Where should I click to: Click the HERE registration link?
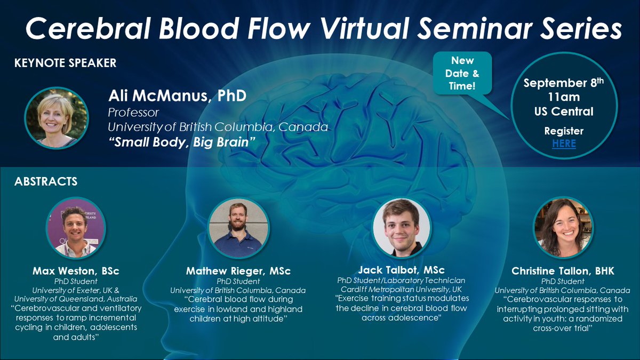click(564, 143)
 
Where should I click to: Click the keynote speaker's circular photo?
click(56, 118)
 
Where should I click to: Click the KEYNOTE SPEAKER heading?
click(65, 63)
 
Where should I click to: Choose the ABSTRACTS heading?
click(46, 181)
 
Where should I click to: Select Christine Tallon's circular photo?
click(563, 228)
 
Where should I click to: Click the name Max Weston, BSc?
click(76, 271)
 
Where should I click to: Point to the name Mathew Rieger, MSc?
click(238, 271)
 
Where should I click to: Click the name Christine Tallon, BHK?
click(563, 271)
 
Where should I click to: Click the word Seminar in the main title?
click(468, 29)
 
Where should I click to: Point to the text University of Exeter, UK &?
click(76, 290)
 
